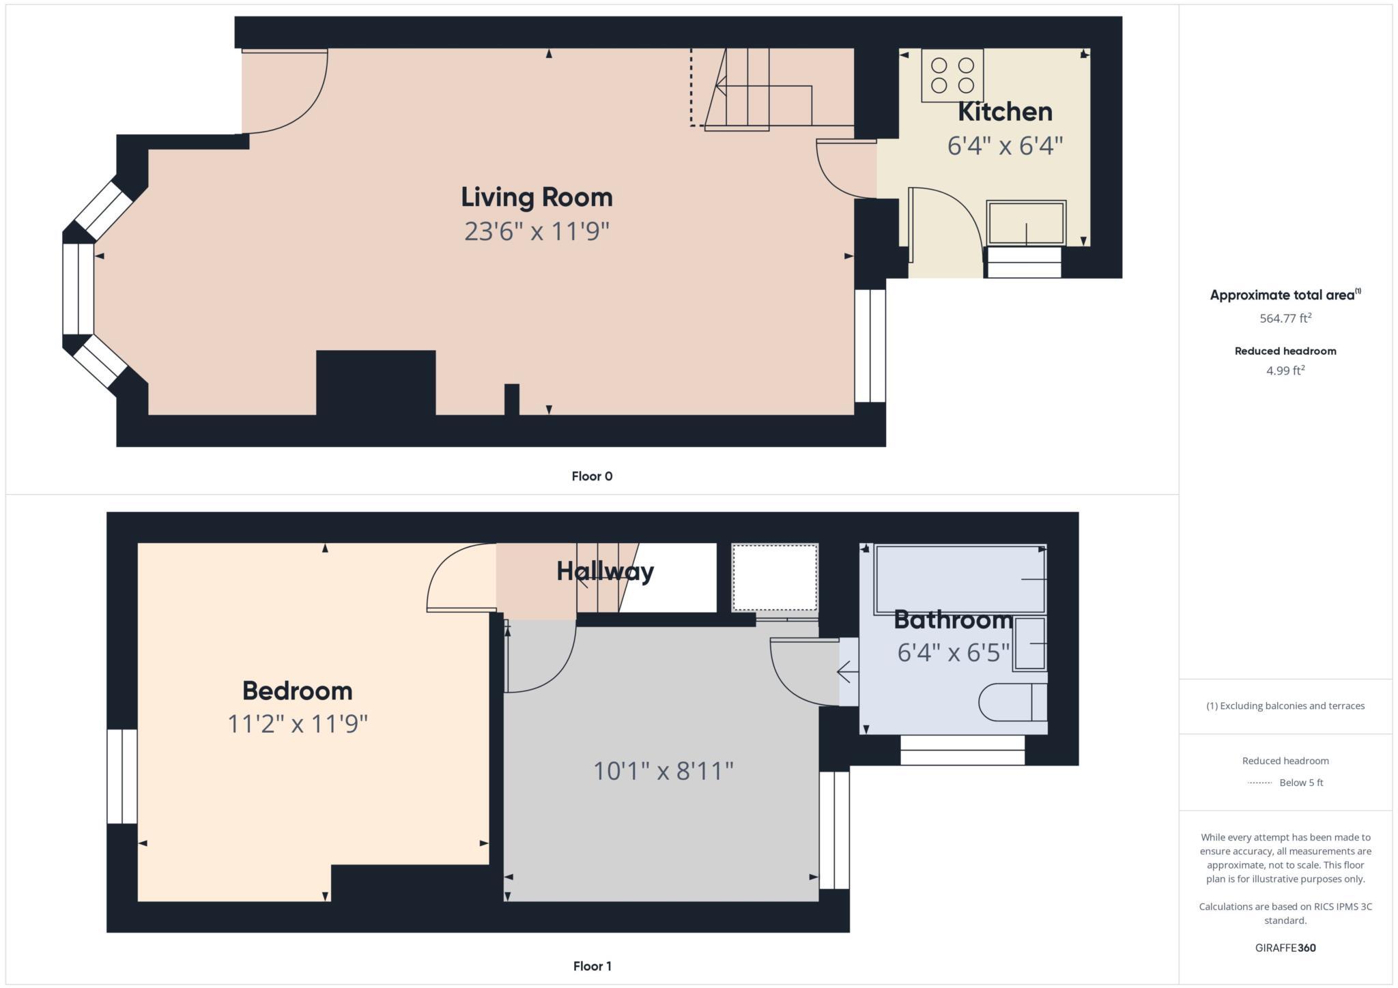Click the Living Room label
pos(537,197)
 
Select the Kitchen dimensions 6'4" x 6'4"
pos(1005,145)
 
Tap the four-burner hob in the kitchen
pos(952,75)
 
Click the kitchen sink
pos(1026,222)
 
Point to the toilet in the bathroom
pos(1012,701)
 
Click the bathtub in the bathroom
pos(959,579)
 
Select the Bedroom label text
pos(298,691)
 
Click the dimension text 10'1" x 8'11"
pos(663,771)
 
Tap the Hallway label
pos(605,571)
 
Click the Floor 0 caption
pos(592,476)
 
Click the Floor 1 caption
pos(592,966)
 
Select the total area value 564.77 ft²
pos(1285,318)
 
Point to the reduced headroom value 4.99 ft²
pos(1285,370)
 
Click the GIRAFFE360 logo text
pos(1285,948)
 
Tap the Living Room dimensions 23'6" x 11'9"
pos(537,231)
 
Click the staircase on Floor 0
pos(758,89)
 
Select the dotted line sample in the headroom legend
pos(1259,783)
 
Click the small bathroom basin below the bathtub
pos(1029,644)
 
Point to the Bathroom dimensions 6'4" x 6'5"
pos(953,652)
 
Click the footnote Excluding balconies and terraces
pos(1285,706)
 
